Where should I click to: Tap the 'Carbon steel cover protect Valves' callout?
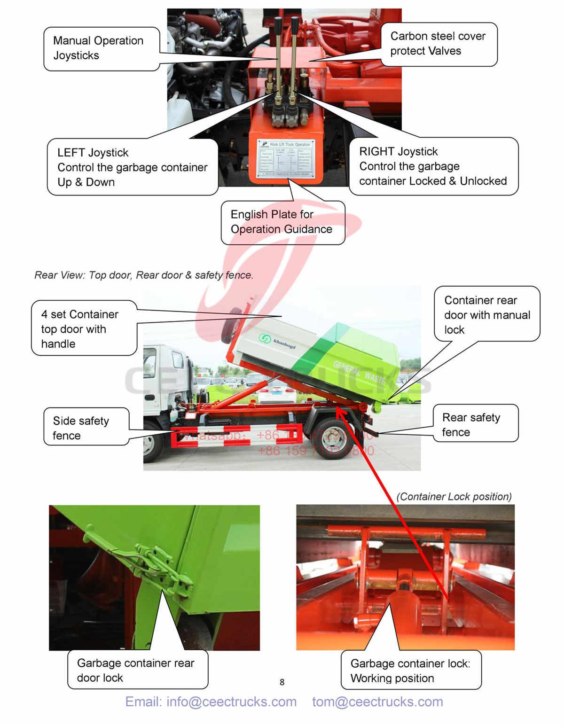click(438, 44)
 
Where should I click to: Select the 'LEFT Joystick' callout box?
click(132, 167)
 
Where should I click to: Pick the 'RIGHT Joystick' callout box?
click(433, 166)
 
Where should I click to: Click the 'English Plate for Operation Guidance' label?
click(282, 222)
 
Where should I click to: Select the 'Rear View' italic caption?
click(144, 275)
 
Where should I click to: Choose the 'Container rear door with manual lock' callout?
click(486, 314)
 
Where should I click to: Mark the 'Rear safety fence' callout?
click(475, 424)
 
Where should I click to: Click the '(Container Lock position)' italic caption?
click(454, 497)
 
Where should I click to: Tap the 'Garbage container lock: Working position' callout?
click(410, 671)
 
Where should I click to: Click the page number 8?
click(282, 682)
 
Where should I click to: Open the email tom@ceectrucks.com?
click(377, 702)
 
